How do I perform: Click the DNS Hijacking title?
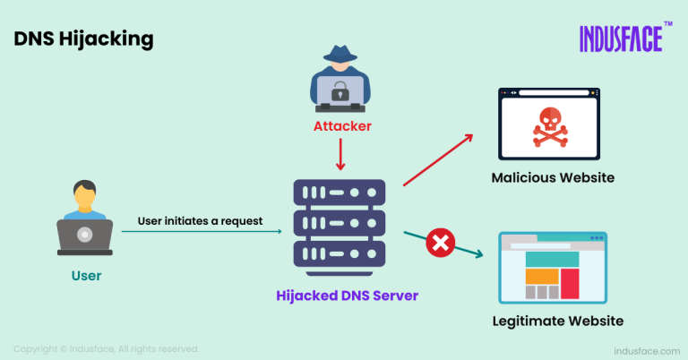(82, 39)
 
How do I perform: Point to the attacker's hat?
(340, 54)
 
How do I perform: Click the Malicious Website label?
(553, 177)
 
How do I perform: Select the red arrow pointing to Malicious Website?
(439, 159)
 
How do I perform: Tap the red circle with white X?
(440, 242)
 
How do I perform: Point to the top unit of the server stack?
(340, 193)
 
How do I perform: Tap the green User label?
(86, 276)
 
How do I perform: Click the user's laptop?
(85, 236)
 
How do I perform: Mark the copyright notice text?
(106, 348)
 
